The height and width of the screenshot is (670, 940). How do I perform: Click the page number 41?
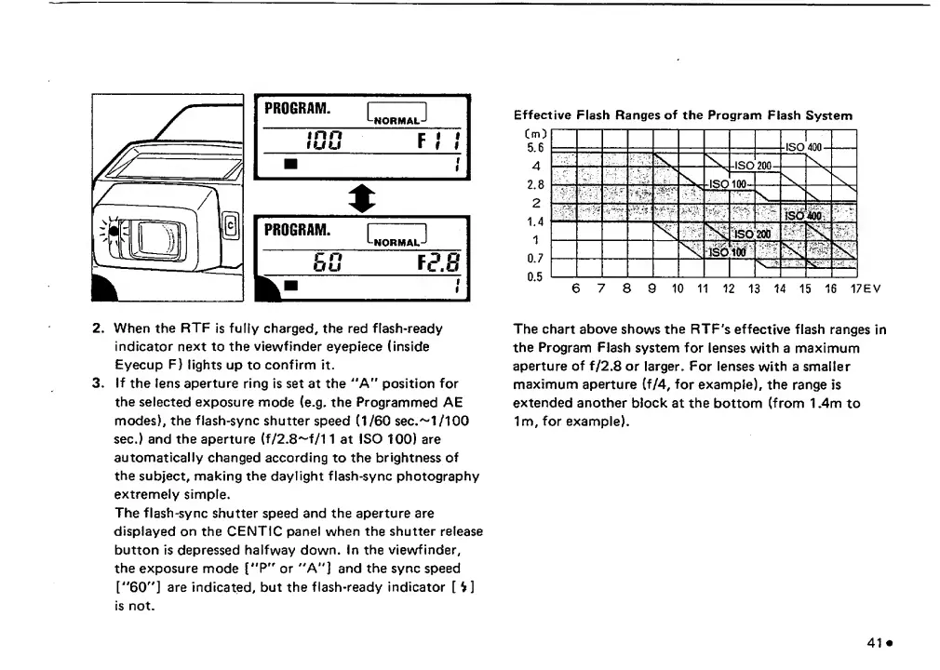(x=874, y=641)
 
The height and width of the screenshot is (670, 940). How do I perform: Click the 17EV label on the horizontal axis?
(x=866, y=288)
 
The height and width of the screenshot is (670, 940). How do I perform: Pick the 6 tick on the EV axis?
(x=576, y=288)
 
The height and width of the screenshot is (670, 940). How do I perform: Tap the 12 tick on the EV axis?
(x=729, y=288)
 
